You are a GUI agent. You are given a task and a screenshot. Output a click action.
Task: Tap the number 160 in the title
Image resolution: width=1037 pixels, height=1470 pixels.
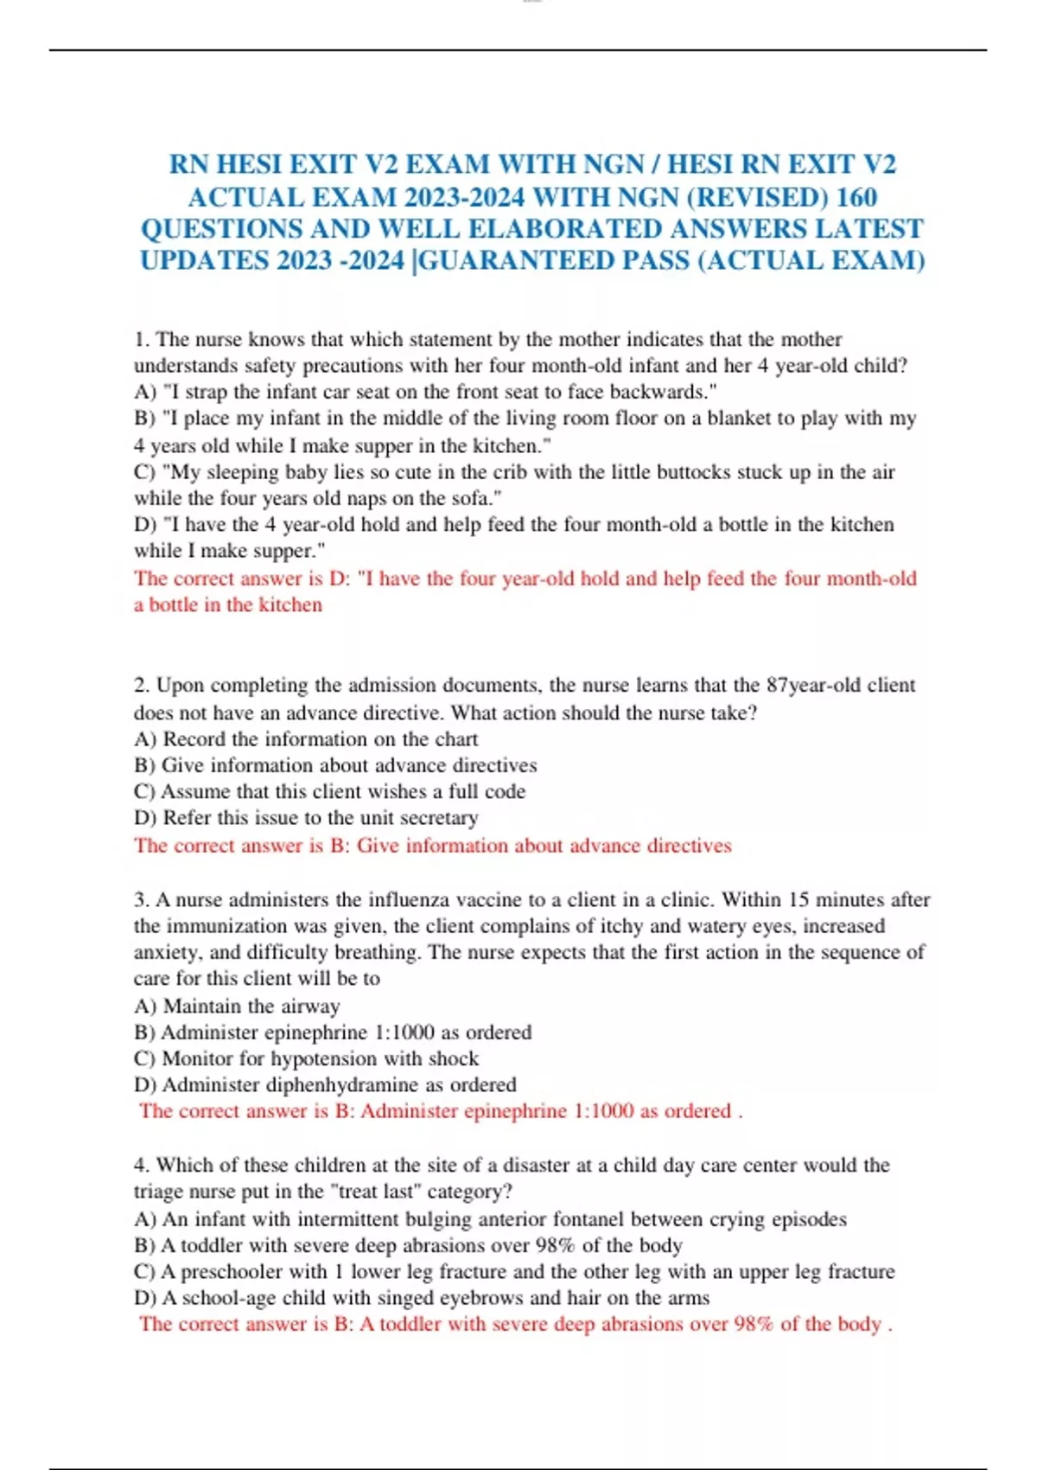point(857,197)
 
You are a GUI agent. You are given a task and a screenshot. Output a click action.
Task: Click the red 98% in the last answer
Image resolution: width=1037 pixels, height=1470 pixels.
point(754,1324)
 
